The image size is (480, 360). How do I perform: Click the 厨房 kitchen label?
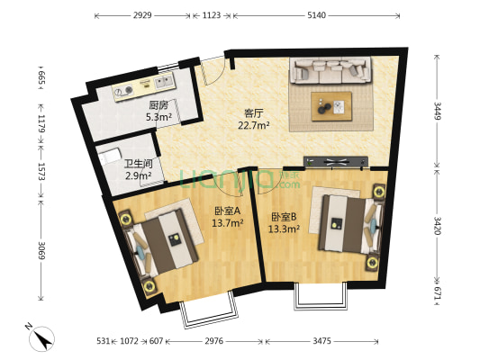[158, 104]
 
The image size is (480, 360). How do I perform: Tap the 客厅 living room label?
[253, 113]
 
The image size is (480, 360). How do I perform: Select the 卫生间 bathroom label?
[138, 164]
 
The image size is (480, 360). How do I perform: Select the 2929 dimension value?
[141, 15]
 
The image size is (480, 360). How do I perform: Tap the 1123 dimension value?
[212, 15]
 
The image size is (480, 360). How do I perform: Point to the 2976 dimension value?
[213, 341]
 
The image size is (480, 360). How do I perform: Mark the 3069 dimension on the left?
[41, 249]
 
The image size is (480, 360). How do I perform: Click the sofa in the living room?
[330, 69]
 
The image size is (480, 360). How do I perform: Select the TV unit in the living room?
[336, 163]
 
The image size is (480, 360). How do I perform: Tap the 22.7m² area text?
[253, 126]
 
